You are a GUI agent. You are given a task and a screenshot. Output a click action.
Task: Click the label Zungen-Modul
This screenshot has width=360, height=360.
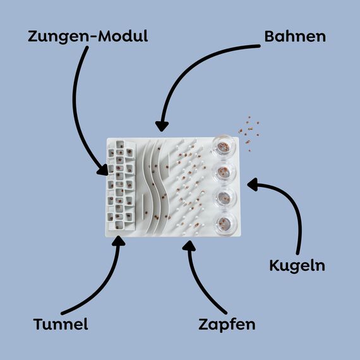tap(88, 37)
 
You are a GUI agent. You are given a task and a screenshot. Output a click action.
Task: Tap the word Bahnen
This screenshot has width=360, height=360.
tap(295, 36)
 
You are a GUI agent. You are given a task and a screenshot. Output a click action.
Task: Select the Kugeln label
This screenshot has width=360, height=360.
tap(297, 266)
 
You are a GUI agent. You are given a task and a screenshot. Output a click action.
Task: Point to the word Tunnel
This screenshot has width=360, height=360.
tap(61, 324)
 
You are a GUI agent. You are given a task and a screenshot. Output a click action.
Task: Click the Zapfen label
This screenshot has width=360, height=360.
tap(227, 325)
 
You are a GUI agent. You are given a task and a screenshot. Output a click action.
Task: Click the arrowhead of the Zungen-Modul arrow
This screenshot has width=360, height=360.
tap(103, 171)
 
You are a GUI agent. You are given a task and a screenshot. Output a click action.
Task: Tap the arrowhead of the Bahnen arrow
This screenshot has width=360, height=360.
tap(162, 126)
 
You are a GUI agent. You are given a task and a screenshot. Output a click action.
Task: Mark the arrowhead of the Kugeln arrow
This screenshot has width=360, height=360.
tap(253, 184)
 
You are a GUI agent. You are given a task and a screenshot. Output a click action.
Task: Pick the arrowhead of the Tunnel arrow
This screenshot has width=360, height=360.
tap(119, 241)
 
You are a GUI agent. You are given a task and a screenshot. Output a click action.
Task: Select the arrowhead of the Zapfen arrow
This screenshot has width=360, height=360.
tap(189, 246)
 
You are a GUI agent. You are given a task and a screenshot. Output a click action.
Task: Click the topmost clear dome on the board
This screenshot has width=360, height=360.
tap(223, 147)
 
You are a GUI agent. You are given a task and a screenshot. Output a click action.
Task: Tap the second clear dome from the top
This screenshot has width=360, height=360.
tap(224, 172)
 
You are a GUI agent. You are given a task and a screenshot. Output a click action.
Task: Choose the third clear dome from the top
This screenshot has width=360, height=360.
tap(225, 198)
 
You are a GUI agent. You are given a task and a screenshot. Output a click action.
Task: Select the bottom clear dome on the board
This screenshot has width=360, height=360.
tap(225, 223)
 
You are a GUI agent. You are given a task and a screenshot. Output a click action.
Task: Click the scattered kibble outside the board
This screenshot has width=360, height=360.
tap(249, 133)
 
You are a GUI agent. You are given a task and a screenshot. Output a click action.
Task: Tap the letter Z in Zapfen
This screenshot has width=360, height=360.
tap(203, 324)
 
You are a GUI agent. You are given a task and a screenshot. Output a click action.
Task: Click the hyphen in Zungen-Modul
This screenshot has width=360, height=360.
tap(93, 37)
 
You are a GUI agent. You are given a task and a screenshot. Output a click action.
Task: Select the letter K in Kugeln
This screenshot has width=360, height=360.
tap(274, 265)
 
